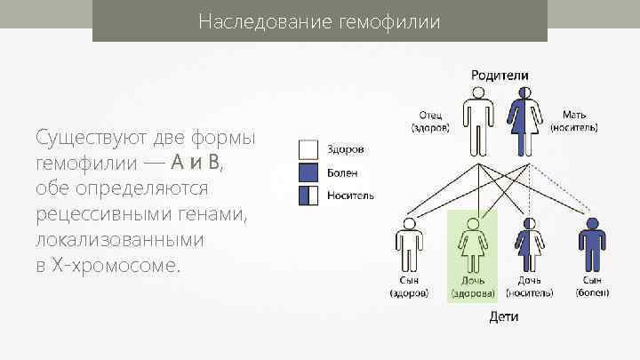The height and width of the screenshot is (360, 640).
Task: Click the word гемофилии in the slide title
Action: (x=390, y=20)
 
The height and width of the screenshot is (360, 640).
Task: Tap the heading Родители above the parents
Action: (x=500, y=76)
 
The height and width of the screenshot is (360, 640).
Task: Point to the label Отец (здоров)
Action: (x=430, y=121)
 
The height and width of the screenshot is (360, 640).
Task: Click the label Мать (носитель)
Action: (x=573, y=121)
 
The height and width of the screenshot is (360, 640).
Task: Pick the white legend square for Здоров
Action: (x=307, y=149)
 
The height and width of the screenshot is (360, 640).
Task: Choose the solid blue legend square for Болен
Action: (x=307, y=172)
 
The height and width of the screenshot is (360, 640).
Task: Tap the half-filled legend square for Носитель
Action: (x=307, y=195)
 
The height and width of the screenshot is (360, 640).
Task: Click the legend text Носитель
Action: (x=350, y=195)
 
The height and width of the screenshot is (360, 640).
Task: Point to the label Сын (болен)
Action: (x=590, y=286)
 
